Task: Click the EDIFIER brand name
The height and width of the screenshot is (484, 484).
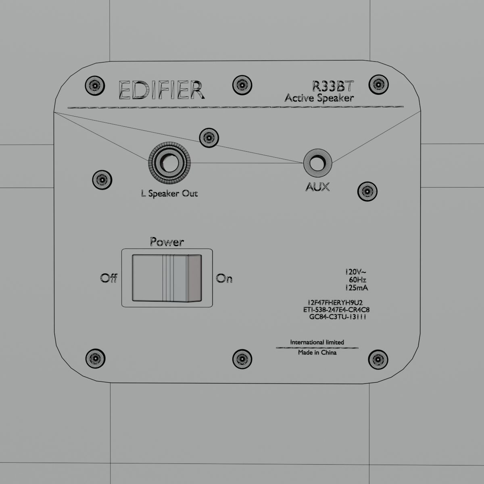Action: [161, 91]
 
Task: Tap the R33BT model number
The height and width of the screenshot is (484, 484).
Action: [333, 86]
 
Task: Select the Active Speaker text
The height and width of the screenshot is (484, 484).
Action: [319, 98]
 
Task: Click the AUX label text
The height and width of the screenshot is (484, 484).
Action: [317, 187]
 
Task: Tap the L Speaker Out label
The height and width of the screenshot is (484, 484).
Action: [169, 194]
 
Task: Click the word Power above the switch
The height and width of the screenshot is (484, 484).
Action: [167, 242]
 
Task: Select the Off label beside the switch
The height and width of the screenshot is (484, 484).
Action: [109, 278]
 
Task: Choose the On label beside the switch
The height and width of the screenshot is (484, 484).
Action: [224, 278]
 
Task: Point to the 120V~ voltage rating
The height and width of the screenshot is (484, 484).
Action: [355, 272]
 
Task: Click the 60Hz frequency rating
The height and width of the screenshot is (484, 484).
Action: [357, 280]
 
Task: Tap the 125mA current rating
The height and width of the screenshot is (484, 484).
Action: [357, 288]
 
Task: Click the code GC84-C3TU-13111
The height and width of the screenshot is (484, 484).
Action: [337, 317]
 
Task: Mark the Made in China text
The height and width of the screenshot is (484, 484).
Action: [317, 353]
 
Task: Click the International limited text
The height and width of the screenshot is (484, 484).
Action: [317, 342]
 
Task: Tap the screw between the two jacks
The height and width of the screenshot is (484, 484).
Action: [210, 138]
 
